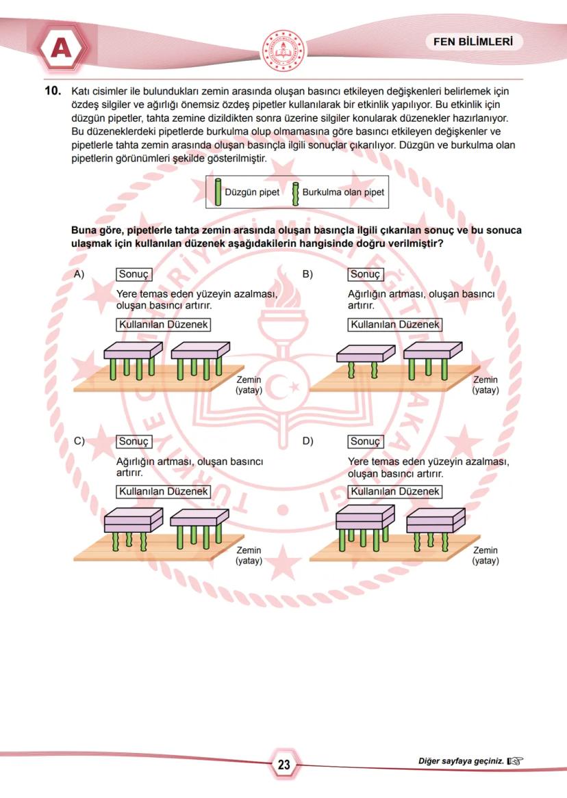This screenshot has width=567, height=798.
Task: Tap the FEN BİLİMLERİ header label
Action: pyautogui.click(x=473, y=42)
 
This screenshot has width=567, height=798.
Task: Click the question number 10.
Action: pyautogui.click(x=53, y=90)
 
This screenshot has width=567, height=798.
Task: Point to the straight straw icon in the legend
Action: pyautogui.click(x=218, y=192)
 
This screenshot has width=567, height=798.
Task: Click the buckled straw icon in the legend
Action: pyautogui.click(x=296, y=193)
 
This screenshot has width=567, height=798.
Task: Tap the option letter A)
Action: pyautogui.click(x=79, y=274)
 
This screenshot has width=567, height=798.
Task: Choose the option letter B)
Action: pyautogui.click(x=307, y=274)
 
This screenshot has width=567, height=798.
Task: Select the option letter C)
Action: pyautogui.click(x=79, y=441)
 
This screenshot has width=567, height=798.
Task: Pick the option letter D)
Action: pyautogui.click(x=307, y=441)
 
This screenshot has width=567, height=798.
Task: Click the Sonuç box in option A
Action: pyautogui.click(x=134, y=274)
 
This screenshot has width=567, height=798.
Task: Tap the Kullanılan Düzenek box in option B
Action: pyautogui.click(x=395, y=325)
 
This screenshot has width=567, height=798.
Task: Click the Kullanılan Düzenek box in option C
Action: pyautogui.click(x=164, y=492)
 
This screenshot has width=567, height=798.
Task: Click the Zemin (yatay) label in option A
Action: pyautogui.click(x=249, y=385)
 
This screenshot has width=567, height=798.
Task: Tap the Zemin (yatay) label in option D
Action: pyautogui.click(x=486, y=555)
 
